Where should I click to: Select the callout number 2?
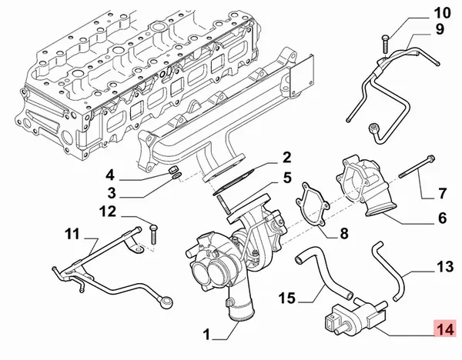(x=286, y=158)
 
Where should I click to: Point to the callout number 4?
(x=111, y=173)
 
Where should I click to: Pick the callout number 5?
(x=286, y=178)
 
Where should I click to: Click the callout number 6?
(x=442, y=218)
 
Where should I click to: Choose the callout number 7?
(x=442, y=192)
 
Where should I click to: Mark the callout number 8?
(x=343, y=232)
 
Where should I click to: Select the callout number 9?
(x=440, y=30)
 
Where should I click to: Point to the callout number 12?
(x=108, y=212)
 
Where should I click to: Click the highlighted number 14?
(x=444, y=329)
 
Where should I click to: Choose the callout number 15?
(x=286, y=298)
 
